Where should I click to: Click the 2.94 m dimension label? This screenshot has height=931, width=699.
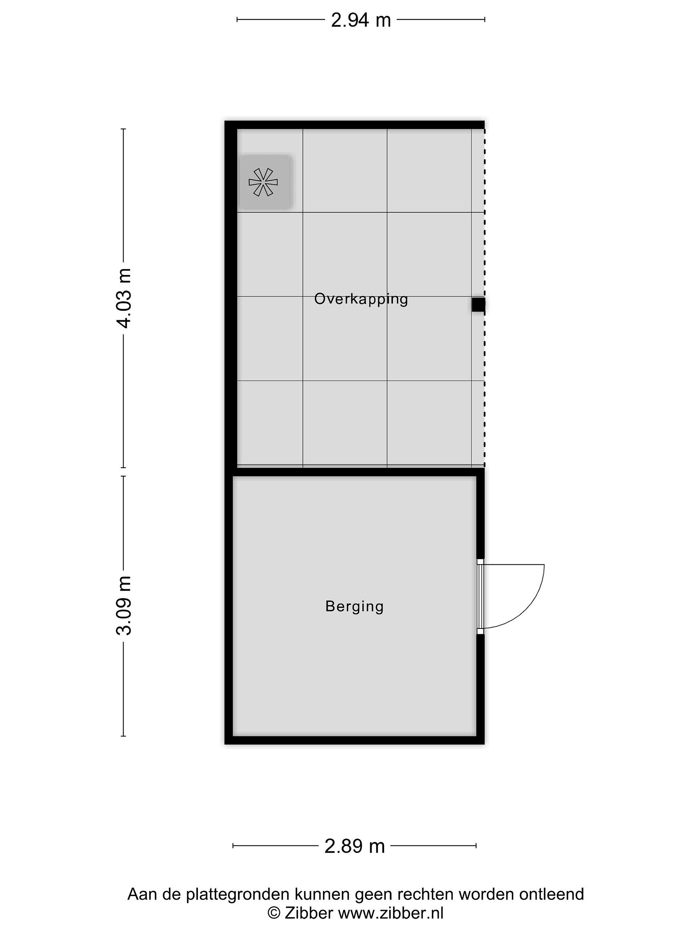(361, 20)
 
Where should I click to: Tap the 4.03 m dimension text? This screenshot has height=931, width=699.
(125, 298)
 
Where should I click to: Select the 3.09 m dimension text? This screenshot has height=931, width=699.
(125, 605)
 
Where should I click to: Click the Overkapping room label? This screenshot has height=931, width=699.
(361, 299)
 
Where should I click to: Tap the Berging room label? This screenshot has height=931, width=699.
(354, 606)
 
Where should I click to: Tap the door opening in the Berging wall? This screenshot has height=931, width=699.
(480, 596)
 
